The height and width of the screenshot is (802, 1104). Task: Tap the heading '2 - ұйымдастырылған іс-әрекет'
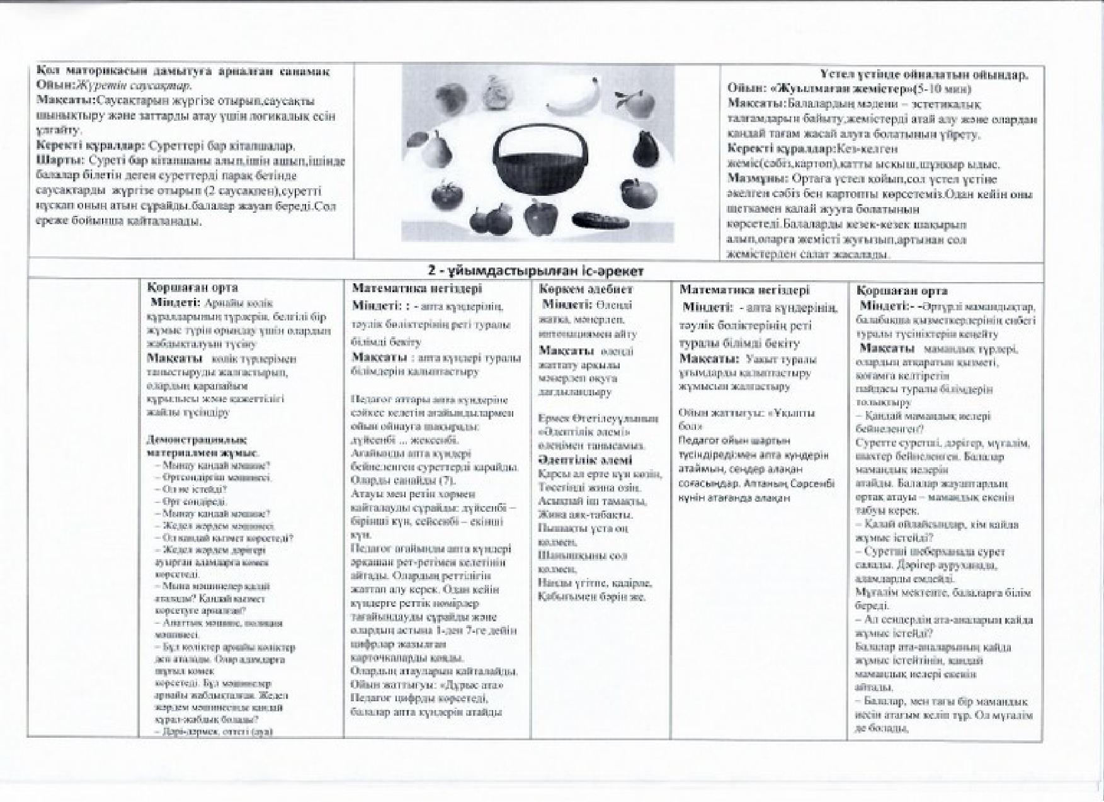point(535,271)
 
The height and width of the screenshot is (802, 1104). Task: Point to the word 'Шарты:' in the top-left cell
point(60,160)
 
